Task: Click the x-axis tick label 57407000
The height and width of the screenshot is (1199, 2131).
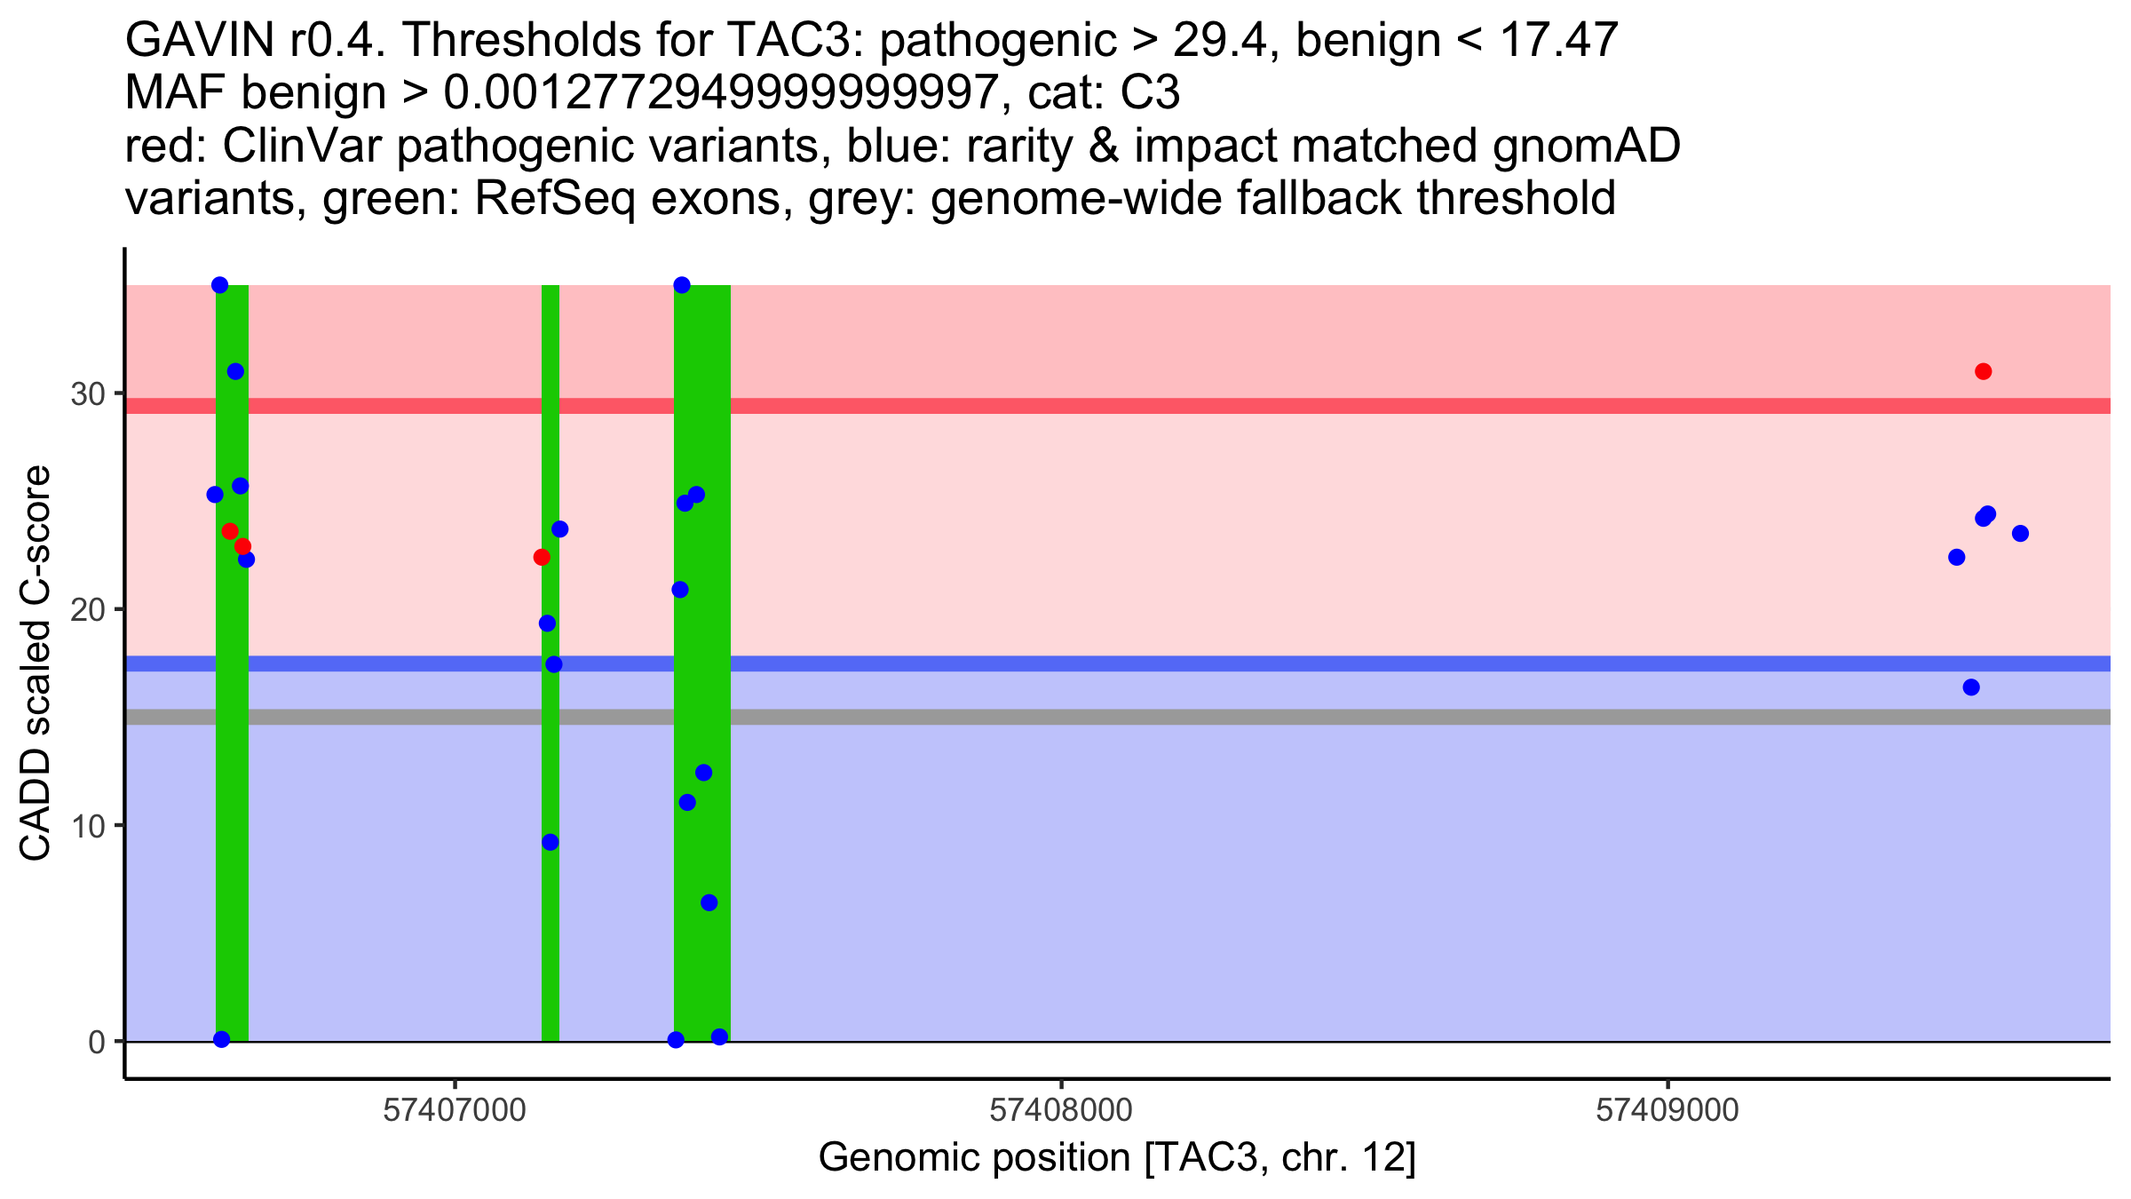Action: [454, 1111]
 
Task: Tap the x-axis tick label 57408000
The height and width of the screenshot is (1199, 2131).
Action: [1060, 1111]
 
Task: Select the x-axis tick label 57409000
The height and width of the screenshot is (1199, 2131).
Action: [1667, 1111]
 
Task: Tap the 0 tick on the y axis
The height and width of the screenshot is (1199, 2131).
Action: [97, 1042]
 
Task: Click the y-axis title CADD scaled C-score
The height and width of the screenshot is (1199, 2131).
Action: [36, 663]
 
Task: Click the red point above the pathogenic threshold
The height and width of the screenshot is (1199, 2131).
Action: [1984, 371]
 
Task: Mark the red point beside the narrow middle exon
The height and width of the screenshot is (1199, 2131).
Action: [542, 558]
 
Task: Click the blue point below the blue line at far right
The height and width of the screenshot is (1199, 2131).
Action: [1971, 687]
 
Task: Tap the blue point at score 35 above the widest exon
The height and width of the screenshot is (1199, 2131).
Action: [682, 285]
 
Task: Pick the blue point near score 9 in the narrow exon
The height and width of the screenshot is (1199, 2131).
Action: [551, 842]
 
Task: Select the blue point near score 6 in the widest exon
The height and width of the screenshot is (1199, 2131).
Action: [709, 903]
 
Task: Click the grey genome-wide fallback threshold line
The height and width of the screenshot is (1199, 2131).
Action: [1243, 717]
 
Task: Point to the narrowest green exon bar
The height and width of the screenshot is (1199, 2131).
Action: [551, 933]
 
